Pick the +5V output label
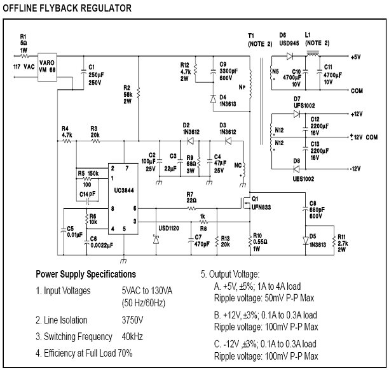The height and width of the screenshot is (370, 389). coord(356,57)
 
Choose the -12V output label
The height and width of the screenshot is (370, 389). coord(357,169)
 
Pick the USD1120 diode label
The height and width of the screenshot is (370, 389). coord(170,224)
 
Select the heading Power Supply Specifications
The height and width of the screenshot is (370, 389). coord(85,274)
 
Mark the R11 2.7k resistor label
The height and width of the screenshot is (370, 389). coord(342,244)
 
